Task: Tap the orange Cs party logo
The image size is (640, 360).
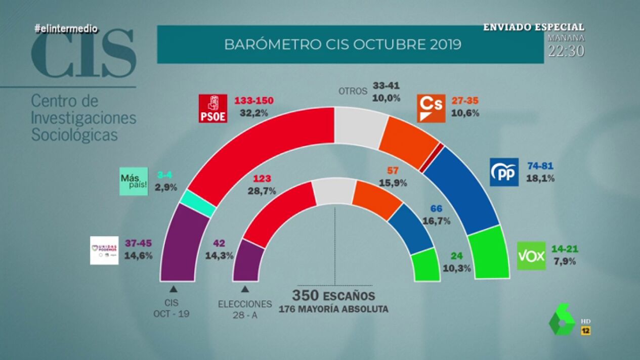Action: [431, 108]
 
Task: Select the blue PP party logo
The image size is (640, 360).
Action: [504, 172]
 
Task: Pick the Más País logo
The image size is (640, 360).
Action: [134, 181]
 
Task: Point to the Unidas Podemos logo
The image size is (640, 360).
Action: [104, 250]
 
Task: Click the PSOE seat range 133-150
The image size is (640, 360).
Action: [253, 101]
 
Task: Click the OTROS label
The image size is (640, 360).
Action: [352, 92]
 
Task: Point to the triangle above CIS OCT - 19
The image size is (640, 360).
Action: [173, 289]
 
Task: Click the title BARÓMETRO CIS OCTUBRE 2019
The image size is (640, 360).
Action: [343, 44]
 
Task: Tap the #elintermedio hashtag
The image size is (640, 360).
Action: [66, 29]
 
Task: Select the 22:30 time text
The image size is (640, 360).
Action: [567, 51]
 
